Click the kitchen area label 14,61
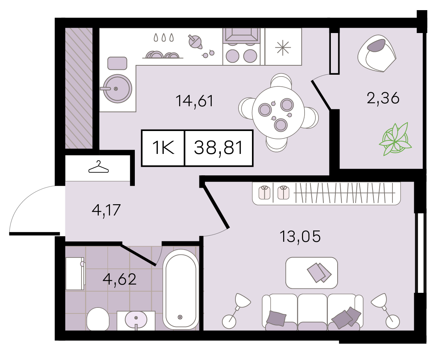pos(194,101)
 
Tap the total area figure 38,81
pos(219,148)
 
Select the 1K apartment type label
pos(163,148)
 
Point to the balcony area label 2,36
pos(383,98)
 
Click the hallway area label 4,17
pos(107,209)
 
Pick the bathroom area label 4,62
pos(120,279)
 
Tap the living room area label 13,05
pos(300,236)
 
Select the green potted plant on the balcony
pos(395,139)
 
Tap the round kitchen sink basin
pos(117,89)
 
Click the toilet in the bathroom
pos(98,319)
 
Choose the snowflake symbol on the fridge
pos(283,47)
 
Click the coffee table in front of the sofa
pos(311,273)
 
